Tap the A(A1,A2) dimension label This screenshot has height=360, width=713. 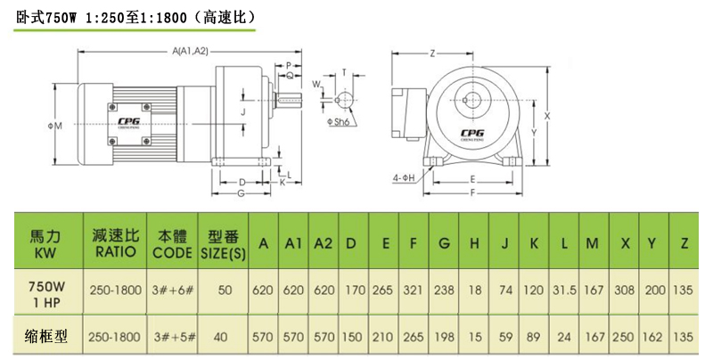click(190, 51)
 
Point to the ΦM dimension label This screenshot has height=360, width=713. click(54, 127)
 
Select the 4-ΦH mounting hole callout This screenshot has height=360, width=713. click(404, 178)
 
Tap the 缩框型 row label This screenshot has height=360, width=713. click(46, 337)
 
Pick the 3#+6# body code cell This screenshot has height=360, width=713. click(172, 291)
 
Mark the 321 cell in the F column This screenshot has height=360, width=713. click(414, 291)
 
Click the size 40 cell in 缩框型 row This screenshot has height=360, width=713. click(222, 337)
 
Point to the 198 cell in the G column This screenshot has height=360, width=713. click(445, 337)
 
